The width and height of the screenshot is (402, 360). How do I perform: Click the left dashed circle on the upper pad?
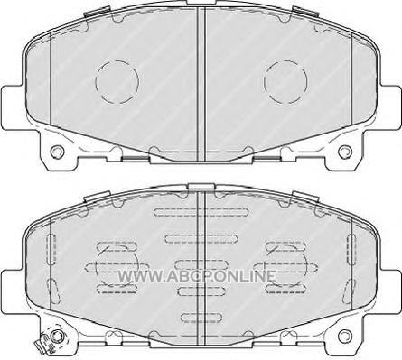click(x=96, y=81)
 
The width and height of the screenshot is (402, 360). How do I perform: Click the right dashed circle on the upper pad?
click(x=264, y=81)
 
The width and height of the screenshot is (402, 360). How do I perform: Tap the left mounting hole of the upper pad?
click(x=57, y=152)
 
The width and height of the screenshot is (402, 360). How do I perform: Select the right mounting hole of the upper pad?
click(x=345, y=152)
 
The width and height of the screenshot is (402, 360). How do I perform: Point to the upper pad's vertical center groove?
click(x=201, y=84)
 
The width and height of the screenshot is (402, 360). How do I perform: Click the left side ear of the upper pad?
click(x=13, y=107)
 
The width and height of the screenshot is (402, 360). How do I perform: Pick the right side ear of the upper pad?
click(x=389, y=107)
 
